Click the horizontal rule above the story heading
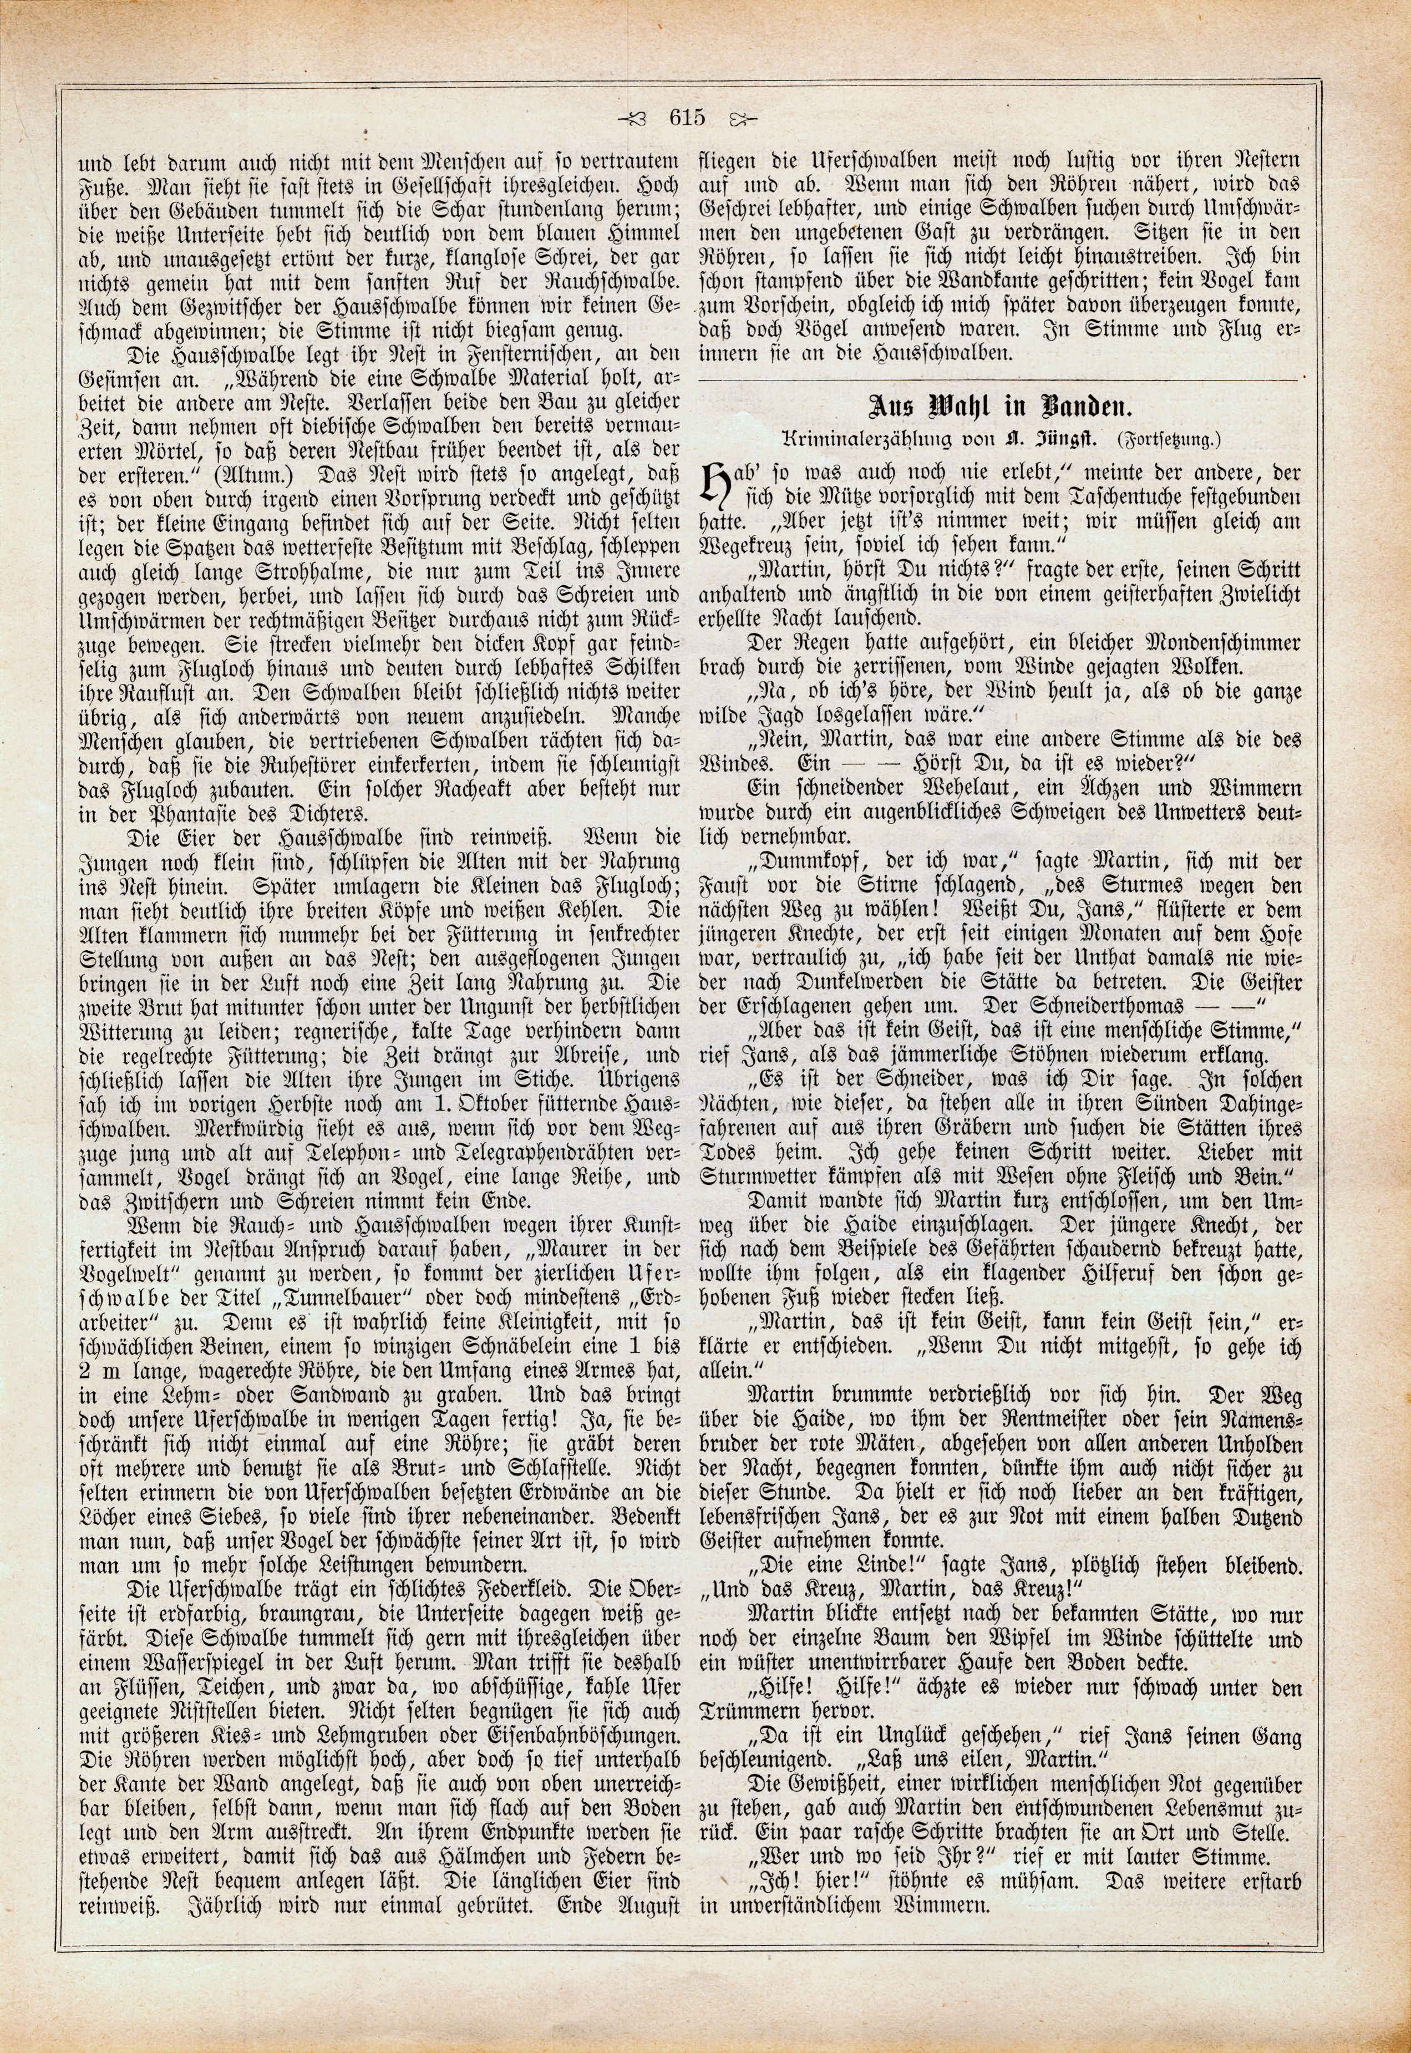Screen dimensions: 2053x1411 pyautogui.click(x=999, y=379)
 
